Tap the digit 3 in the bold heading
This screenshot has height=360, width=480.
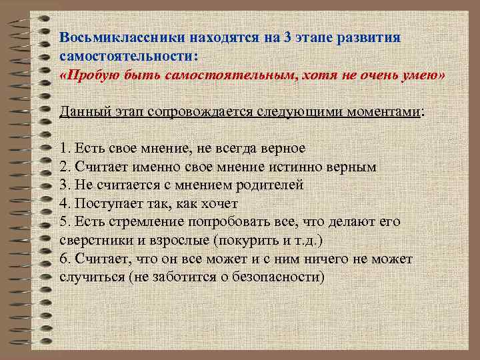tap(287, 37)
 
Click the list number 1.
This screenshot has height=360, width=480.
tap(63, 148)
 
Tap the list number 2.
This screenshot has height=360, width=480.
tap(63, 167)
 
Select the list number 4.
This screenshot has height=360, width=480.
tap(63, 203)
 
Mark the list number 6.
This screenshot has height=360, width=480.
tap(63, 259)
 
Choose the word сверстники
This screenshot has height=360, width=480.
tap(94, 240)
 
